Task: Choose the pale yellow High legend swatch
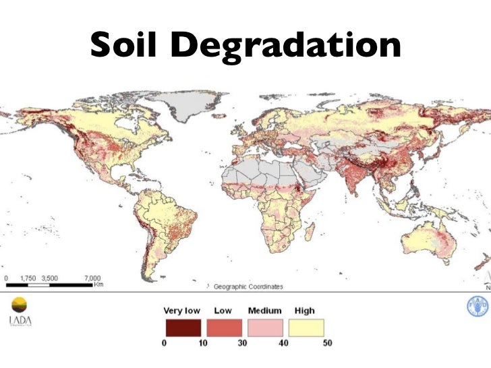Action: [x=307, y=328]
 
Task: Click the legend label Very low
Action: [x=182, y=311]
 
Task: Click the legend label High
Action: [x=304, y=311]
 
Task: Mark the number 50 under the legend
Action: [x=326, y=342]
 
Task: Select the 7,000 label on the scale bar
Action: [x=92, y=277]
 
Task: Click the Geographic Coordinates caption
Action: [x=248, y=286]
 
